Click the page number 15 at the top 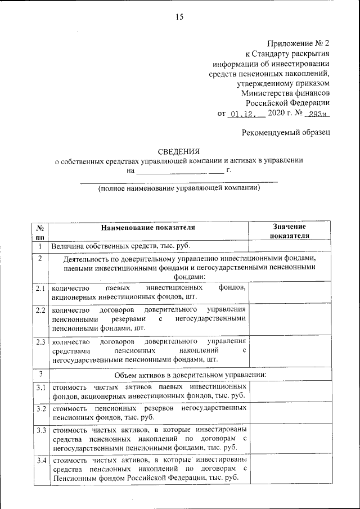coord(179,17)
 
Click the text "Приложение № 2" coord(298,43)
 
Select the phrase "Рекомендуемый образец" coord(286,132)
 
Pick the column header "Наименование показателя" coord(148,228)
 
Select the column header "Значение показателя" coord(289,231)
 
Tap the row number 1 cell coord(40,246)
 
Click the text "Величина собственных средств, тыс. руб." coord(121,246)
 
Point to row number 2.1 coord(40,288)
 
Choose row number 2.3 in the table coord(40,341)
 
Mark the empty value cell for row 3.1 coord(289,391)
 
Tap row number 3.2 coord(40,408)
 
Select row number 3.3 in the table coord(40,430)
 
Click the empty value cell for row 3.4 coord(289,470)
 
